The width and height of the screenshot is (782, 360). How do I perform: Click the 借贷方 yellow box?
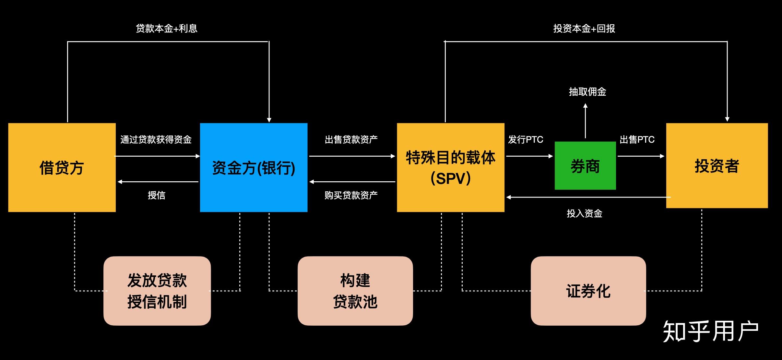[62, 167]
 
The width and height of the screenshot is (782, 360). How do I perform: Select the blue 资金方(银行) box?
[254, 167]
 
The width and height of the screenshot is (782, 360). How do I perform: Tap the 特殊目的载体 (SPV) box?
[450, 167]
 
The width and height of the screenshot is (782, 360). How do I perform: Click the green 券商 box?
[585, 166]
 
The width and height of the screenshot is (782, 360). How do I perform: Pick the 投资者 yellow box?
[717, 166]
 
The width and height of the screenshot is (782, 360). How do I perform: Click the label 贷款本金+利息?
[166, 29]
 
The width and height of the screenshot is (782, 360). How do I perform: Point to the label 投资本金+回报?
[584, 29]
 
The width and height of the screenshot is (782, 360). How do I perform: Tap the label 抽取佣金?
[587, 92]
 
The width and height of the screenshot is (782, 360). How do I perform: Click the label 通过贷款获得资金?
[156, 139]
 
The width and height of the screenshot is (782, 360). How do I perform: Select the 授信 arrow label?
[156, 195]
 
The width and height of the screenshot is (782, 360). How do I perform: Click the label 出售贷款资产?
[351, 139]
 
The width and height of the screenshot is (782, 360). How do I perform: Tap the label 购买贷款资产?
[351, 195]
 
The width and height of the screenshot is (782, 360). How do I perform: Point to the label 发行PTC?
[525, 139]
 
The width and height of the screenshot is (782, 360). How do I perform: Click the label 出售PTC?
[637, 139]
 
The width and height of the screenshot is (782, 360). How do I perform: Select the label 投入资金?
[584, 213]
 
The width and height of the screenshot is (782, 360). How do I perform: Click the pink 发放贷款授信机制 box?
[157, 291]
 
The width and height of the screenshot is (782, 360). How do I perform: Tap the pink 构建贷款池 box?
[355, 291]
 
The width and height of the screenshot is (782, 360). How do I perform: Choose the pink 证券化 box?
[588, 291]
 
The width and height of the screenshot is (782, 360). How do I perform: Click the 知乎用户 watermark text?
[710, 331]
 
